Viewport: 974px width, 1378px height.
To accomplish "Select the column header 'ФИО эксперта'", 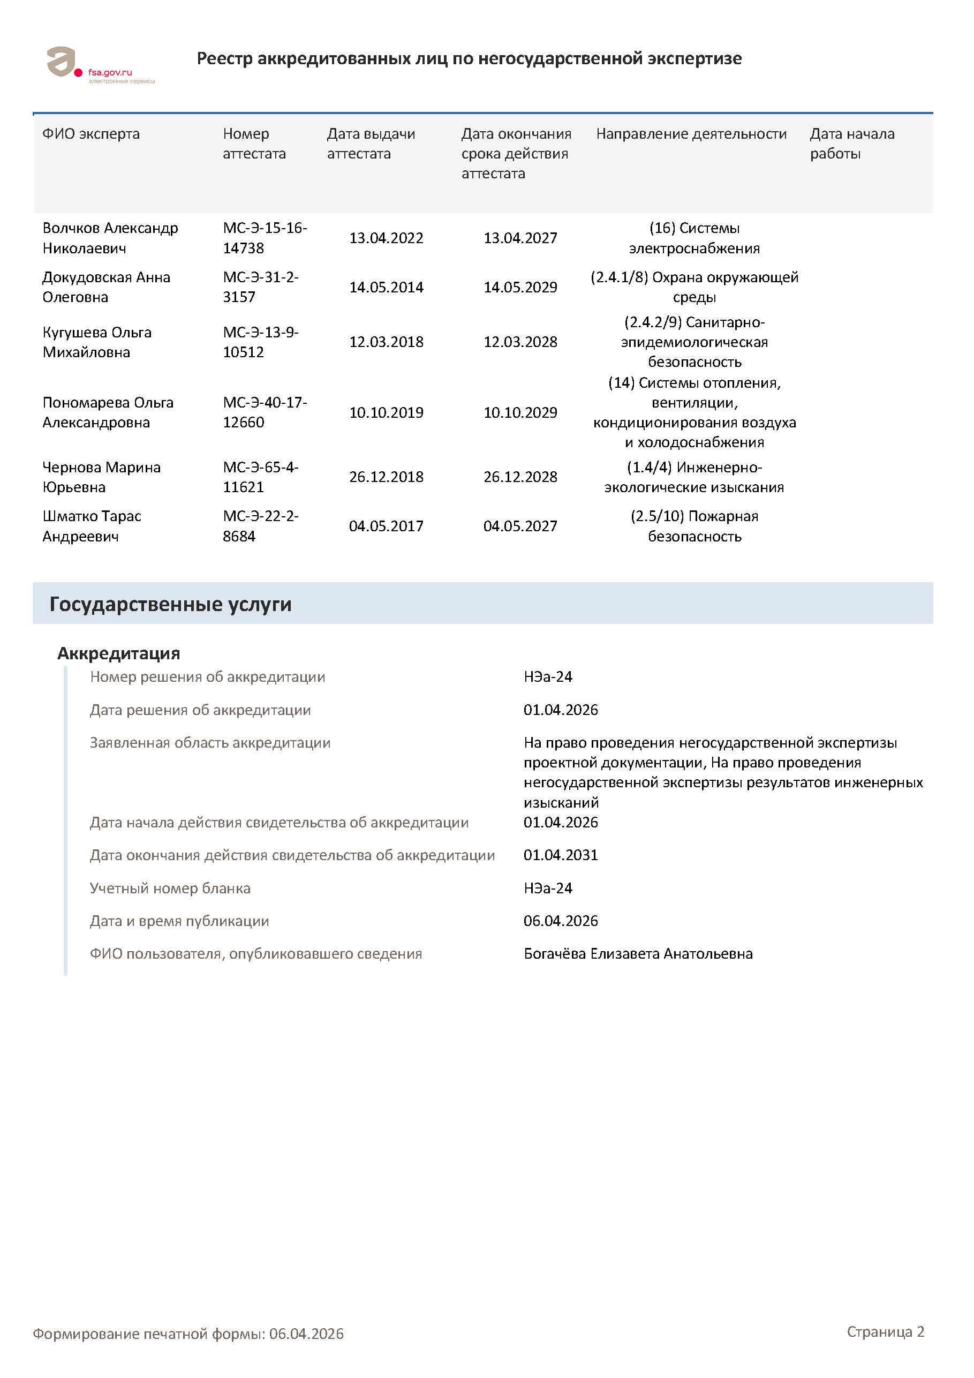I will [x=90, y=134].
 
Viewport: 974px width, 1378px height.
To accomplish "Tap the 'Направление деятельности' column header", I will [x=691, y=134].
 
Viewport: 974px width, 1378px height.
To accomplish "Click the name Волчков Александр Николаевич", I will [x=110, y=238].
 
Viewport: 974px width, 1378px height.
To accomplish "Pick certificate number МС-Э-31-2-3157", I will [x=260, y=287].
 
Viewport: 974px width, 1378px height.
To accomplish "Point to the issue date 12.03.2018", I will [x=386, y=342].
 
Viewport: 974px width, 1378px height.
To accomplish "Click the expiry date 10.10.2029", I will [x=520, y=412].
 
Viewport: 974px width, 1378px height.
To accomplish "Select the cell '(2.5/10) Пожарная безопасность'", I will [x=694, y=526].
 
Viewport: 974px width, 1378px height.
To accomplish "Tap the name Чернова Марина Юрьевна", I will [x=101, y=477].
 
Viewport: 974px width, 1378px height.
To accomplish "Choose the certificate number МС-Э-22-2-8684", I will [x=260, y=526].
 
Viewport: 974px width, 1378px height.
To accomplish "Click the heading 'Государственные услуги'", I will [x=170, y=604].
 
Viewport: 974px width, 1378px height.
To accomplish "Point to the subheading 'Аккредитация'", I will [x=119, y=653].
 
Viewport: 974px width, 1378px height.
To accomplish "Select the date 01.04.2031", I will [x=561, y=855].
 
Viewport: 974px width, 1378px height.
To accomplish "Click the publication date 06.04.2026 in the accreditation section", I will [x=561, y=921].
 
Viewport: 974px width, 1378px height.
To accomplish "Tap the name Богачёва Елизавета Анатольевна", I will [x=638, y=954].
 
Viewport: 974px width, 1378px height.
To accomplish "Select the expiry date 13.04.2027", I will [x=520, y=238].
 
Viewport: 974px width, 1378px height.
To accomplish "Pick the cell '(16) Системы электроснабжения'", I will [x=694, y=238].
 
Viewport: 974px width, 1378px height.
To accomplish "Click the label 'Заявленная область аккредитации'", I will [x=210, y=742].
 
